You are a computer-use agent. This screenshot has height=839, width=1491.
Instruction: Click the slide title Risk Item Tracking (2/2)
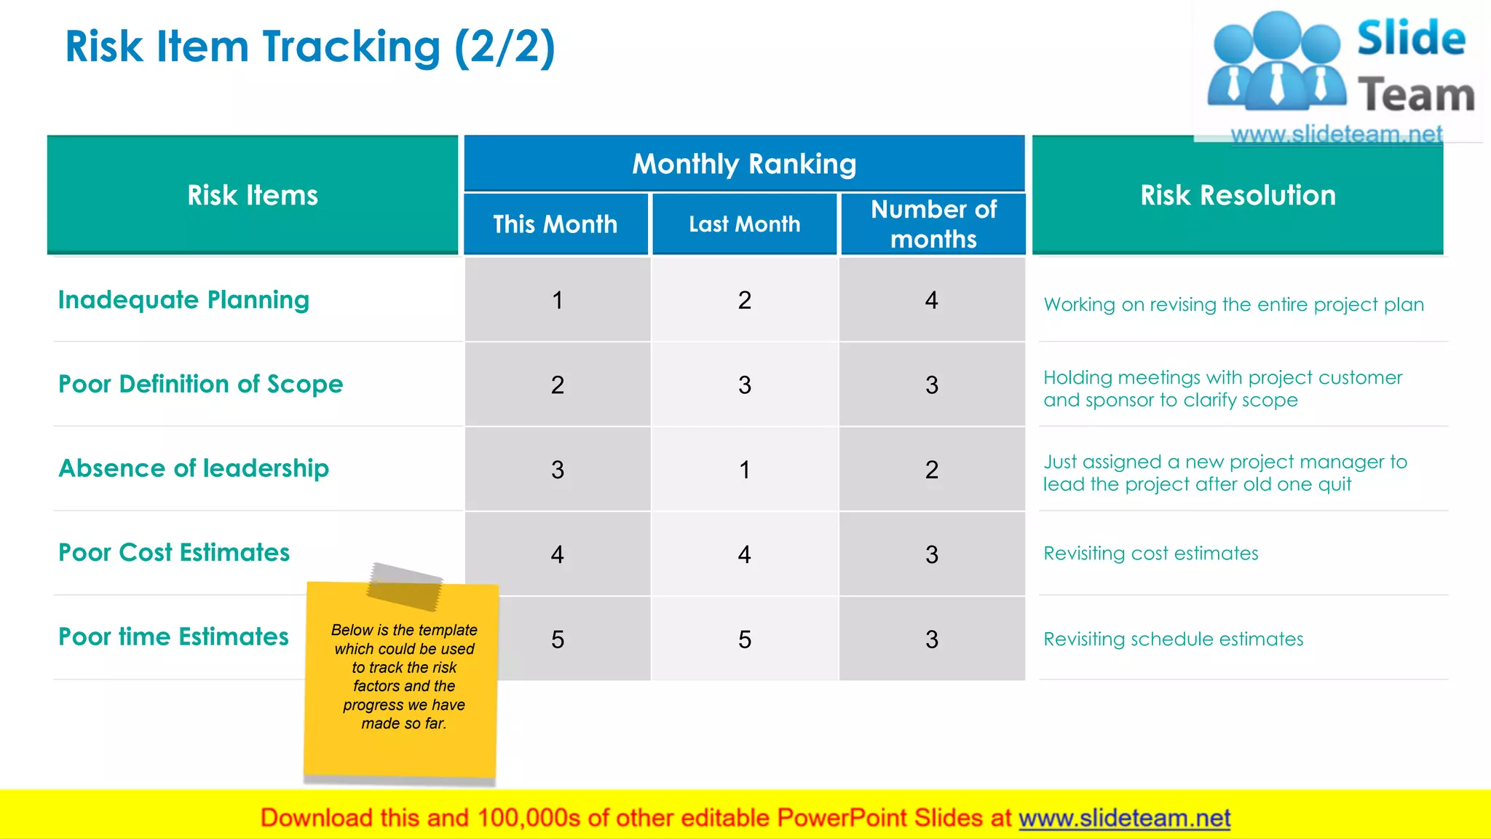[310, 47]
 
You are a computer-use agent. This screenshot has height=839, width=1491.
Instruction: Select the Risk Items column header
[253, 195]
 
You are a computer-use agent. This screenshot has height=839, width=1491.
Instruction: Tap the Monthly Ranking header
[744, 164]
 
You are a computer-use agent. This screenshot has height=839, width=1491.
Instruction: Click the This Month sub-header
[555, 224]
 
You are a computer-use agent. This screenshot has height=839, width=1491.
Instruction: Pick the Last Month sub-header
[744, 224]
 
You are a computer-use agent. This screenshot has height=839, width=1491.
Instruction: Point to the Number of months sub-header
[933, 224]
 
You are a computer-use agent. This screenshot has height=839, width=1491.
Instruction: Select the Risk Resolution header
[1238, 195]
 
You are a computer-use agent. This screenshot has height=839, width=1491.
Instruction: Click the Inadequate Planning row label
[183, 300]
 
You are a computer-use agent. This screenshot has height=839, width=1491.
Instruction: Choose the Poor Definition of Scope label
[200, 385]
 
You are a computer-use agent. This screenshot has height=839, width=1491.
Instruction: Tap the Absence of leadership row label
[194, 468]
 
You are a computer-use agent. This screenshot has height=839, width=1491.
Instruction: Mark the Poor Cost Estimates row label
[174, 553]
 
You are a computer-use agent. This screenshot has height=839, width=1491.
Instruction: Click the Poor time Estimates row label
[173, 637]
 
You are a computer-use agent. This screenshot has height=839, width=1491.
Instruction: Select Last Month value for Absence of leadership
[744, 470]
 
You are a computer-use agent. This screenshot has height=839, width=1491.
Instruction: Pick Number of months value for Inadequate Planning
[932, 300]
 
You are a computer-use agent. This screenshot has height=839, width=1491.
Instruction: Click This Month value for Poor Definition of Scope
[558, 385]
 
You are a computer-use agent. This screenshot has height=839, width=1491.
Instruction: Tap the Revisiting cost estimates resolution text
[1150, 554]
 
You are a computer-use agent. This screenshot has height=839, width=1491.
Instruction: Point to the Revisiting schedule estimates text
[1173, 639]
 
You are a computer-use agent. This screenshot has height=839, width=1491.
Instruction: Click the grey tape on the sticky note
[405, 586]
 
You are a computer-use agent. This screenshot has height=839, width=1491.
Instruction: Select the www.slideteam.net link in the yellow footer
[1124, 819]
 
